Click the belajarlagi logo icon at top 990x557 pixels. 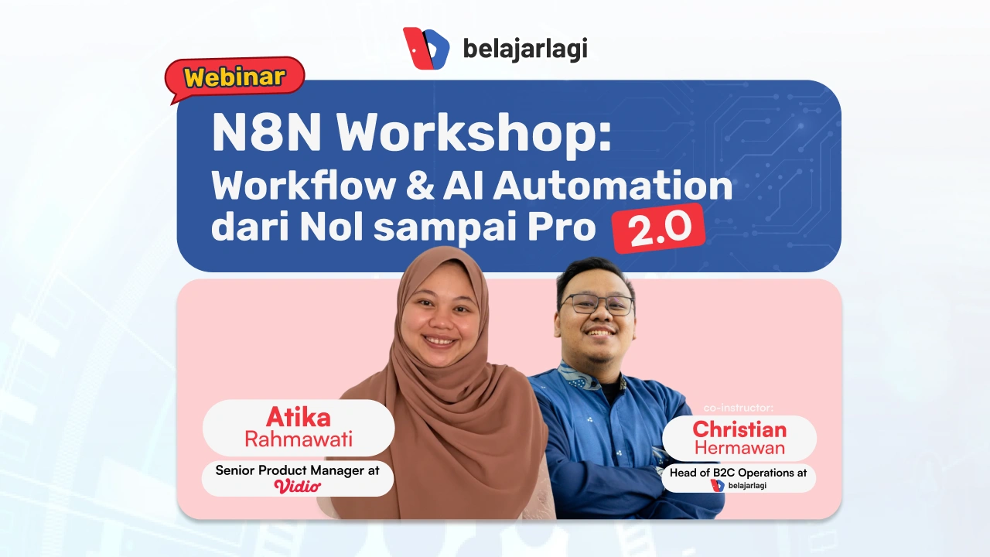[x=425, y=49]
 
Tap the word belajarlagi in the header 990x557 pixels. [x=525, y=49]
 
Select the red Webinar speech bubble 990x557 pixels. [x=235, y=77]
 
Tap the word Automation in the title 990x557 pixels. [x=612, y=186]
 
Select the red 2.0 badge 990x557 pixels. [x=658, y=230]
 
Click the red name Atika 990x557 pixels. [x=298, y=417]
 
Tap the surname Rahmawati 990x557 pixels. [x=298, y=439]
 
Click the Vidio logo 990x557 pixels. [x=298, y=487]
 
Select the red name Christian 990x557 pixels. [x=739, y=429]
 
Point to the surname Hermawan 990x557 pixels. [x=739, y=448]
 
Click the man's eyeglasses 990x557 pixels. [x=596, y=304]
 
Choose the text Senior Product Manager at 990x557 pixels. [x=298, y=470]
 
